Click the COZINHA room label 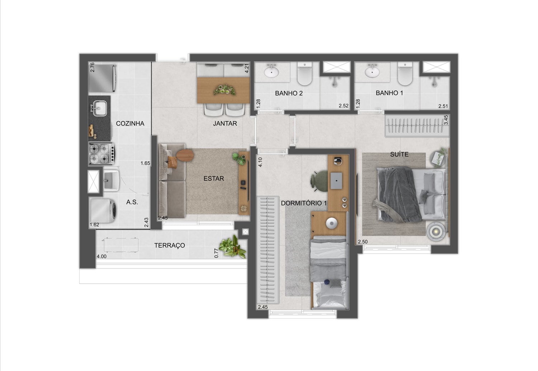pos(130,123)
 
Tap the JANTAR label pos(225,123)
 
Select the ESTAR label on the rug pos(213,178)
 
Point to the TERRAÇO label pos(170,245)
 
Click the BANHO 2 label pos(289,93)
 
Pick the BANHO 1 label pos(389,93)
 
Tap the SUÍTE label pos(399,154)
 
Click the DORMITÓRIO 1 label pos(304,203)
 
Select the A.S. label pos(132,202)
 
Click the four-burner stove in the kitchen pos(102,153)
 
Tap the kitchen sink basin pos(100,108)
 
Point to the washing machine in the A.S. pos(103,210)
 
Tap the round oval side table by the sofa pos(185,155)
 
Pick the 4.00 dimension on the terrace pos(102,256)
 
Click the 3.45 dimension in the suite pos(446,120)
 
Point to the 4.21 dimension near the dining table pos(247,68)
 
